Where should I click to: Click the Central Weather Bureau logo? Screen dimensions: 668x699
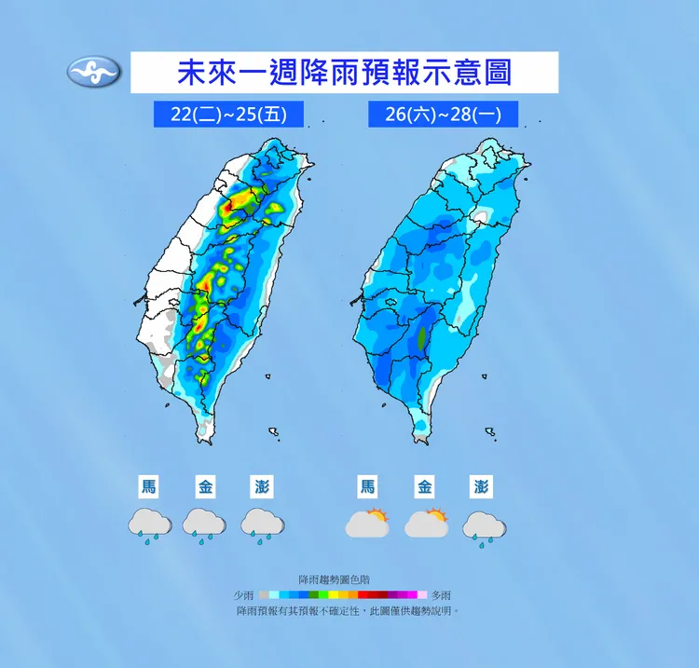(94, 72)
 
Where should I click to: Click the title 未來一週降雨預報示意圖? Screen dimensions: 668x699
(344, 72)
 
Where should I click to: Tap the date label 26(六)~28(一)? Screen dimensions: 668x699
(444, 114)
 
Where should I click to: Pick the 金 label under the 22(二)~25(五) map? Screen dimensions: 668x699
(206, 486)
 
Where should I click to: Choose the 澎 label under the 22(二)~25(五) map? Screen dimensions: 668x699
(262, 486)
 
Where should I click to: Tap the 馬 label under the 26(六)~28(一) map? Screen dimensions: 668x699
(368, 486)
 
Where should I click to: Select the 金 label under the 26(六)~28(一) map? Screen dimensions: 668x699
(425, 486)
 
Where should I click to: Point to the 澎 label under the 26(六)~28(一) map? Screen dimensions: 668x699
(481, 486)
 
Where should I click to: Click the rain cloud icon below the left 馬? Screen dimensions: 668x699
(149, 525)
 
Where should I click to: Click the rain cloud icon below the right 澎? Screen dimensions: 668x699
(484, 526)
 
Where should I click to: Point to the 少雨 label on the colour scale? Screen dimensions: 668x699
(244, 594)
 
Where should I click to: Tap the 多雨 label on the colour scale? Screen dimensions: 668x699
(440, 594)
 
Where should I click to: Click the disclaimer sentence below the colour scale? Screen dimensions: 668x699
(349, 610)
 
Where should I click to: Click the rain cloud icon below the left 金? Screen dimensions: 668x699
(204, 525)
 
